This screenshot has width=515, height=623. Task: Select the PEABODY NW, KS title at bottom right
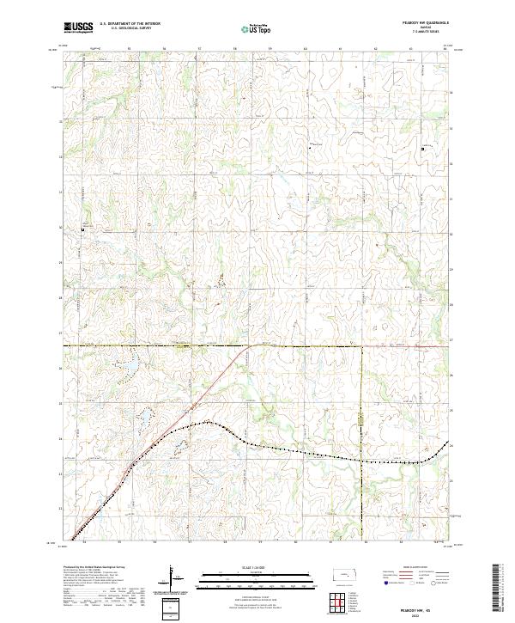point(426,608)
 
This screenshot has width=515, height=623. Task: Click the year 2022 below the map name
point(426,615)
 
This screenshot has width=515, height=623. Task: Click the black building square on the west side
point(82,229)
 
